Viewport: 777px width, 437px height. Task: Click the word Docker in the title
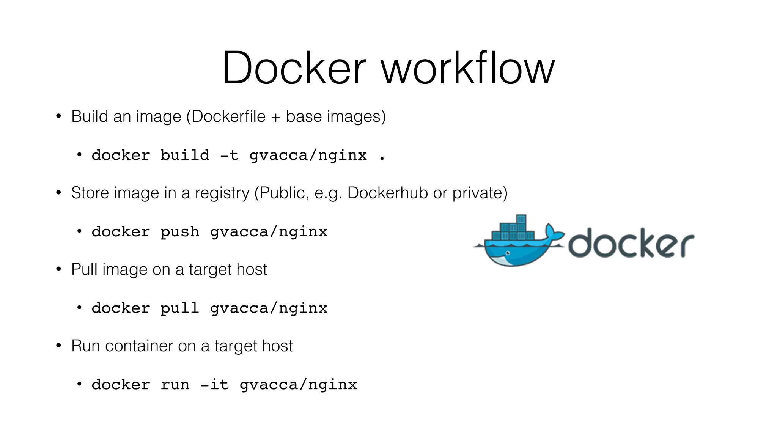[294, 68]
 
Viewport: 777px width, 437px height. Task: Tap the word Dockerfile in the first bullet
[228, 116]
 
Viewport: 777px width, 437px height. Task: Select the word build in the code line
[185, 155]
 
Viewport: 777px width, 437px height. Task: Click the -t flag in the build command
[229, 155]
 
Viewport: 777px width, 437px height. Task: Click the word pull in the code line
[180, 308]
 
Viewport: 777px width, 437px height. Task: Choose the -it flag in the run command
[214, 385]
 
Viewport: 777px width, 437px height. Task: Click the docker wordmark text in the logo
[631, 243]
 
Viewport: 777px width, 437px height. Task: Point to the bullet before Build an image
[58, 116]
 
